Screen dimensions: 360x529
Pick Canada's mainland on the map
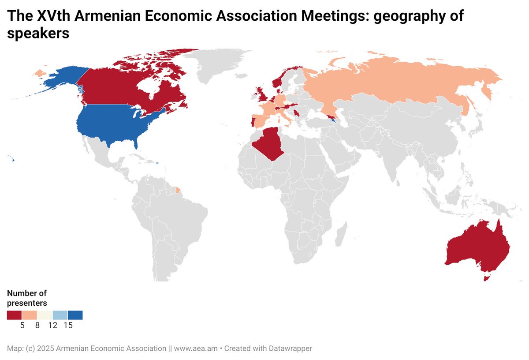pyautogui.click(x=115, y=88)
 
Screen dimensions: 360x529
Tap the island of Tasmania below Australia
pyautogui.click(x=487, y=278)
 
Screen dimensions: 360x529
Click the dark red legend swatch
pyautogui.click(x=14, y=315)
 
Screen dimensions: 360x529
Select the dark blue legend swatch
pyautogui.click(x=75, y=315)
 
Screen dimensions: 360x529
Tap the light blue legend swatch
pyautogui.click(x=60, y=315)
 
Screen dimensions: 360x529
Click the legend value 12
pyautogui.click(x=53, y=326)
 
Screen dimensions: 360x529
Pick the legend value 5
pyautogui.click(x=22, y=326)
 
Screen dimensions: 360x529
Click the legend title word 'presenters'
pyautogui.click(x=27, y=303)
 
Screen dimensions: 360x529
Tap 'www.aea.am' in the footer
pyautogui.click(x=196, y=348)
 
